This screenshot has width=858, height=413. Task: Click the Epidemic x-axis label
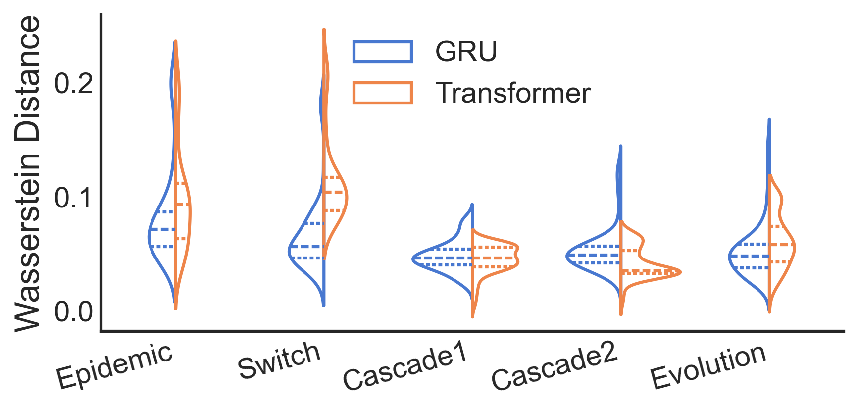click(x=114, y=366)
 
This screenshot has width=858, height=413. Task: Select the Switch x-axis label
click(x=279, y=361)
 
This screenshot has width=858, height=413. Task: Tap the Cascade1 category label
click(x=404, y=366)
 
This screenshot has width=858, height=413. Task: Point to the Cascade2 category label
click(x=554, y=366)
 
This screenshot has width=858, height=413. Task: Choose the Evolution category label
click(x=708, y=367)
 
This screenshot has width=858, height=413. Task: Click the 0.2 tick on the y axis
click(x=74, y=83)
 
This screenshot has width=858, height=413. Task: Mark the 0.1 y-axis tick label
click(x=74, y=198)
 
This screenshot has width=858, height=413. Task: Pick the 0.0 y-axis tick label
click(x=74, y=312)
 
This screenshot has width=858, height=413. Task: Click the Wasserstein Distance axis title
click(x=27, y=173)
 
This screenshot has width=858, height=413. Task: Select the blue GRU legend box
click(x=382, y=52)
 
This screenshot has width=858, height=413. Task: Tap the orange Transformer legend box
click(x=382, y=93)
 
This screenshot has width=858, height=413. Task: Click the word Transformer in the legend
click(x=513, y=93)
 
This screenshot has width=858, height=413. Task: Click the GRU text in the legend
click(x=466, y=52)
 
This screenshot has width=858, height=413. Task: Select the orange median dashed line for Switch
click(x=333, y=192)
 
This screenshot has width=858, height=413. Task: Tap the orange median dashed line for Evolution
click(x=781, y=245)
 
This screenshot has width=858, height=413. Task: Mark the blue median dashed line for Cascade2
click(x=594, y=255)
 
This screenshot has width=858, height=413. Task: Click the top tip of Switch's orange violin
click(x=324, y=30)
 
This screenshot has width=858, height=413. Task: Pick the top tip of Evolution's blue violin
click(x=769, y=120)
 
